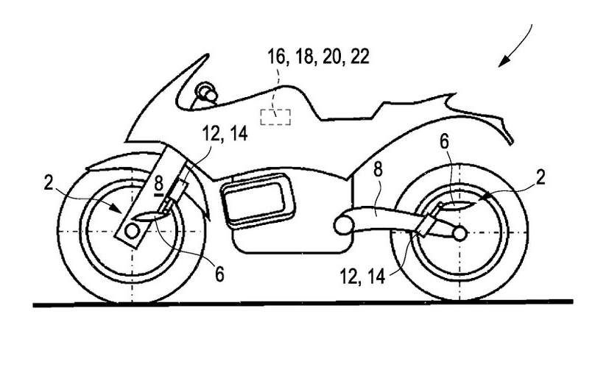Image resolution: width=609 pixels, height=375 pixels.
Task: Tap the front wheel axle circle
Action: click(x=133, y=231)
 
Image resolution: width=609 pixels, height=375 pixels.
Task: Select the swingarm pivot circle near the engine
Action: click(x=341, y=224)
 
